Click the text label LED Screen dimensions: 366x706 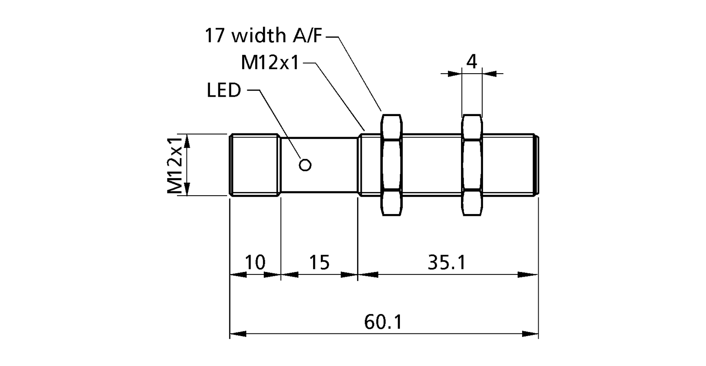224,91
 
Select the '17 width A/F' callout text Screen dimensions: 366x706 264,36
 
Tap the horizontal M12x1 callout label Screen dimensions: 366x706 270,63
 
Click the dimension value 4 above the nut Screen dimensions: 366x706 472,61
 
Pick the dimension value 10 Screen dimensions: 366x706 255,262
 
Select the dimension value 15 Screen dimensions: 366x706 319,262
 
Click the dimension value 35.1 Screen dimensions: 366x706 447,262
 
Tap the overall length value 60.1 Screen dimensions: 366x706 383,322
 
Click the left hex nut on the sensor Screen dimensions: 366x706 392,164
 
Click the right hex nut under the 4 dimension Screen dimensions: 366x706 472,164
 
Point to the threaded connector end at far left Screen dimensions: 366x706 254,165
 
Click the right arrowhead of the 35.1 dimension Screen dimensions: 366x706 529,275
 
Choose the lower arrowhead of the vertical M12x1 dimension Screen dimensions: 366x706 187,188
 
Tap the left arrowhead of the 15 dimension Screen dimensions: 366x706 289,275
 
